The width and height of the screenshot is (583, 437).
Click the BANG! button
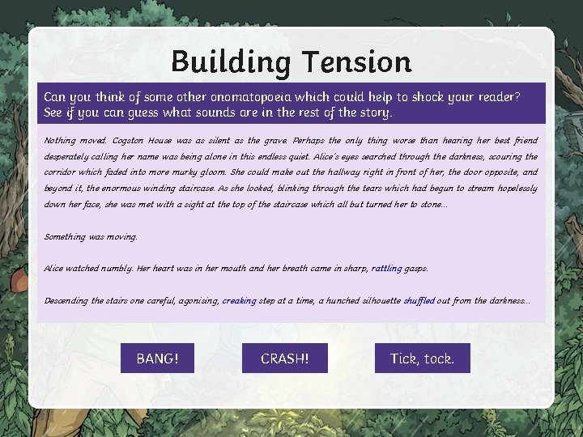click(157, 358)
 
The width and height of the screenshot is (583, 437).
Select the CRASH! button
click(284, 358)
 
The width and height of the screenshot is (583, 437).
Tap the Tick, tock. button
click(422, 358)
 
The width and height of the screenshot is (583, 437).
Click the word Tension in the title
click(356, 62)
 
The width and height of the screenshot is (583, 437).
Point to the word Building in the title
click(230, 62)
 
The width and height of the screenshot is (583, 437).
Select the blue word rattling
click(386, 268)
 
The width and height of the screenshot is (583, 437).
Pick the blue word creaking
click(239, 300)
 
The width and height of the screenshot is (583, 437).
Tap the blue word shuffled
click(419, 300)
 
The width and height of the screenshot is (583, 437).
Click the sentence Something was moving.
click(91, 236)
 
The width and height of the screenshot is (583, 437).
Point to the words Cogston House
click(138, 140)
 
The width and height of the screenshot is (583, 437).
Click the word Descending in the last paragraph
click(66, 300)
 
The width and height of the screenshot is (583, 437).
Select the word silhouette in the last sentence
click(375, 300)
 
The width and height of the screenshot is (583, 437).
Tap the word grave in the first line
click(275, 140)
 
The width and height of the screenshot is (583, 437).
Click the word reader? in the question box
click(497, 97)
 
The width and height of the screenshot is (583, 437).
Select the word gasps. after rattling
click(416, 269)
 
